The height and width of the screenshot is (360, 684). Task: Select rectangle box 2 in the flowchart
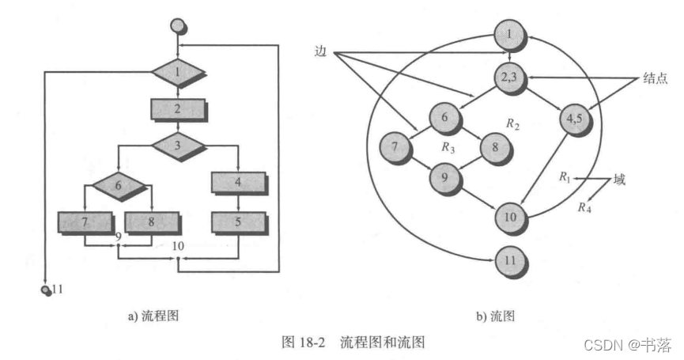pyautogui.click(x=178, y=110)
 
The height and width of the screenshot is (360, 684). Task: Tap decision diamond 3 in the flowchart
pyautogui.click(x=178, y=146)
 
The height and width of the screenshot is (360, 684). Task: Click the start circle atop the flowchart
pyautogui.click(x=179, y=26)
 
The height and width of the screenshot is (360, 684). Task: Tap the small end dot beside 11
pyautogui.click(x=46, y=290)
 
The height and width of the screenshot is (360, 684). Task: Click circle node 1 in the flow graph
pyautogui.click(x=510, y=33)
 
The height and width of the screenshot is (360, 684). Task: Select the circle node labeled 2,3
pyautogui.click(x=510, y=78)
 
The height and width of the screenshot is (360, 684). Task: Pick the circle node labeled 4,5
pyautogui.click(x=575, y=120)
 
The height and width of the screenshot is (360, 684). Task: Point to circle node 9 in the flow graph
pyautogui.click(x=445, y=178)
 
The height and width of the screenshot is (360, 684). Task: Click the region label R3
pyautogui.click(x=448, y=147)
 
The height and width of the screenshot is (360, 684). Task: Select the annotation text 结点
pyautogui.click(x=652, y=78)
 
